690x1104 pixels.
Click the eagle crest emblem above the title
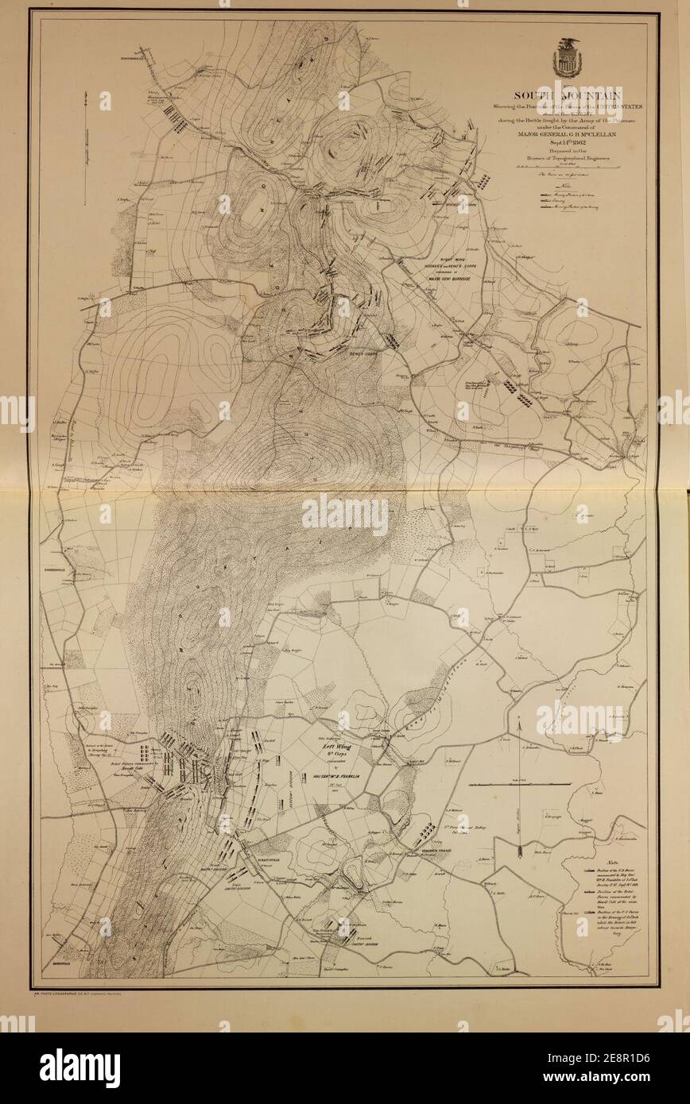coord(568,59)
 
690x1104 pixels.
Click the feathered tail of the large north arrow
coord(517,854)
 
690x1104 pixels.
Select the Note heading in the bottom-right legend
coord(613,863)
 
